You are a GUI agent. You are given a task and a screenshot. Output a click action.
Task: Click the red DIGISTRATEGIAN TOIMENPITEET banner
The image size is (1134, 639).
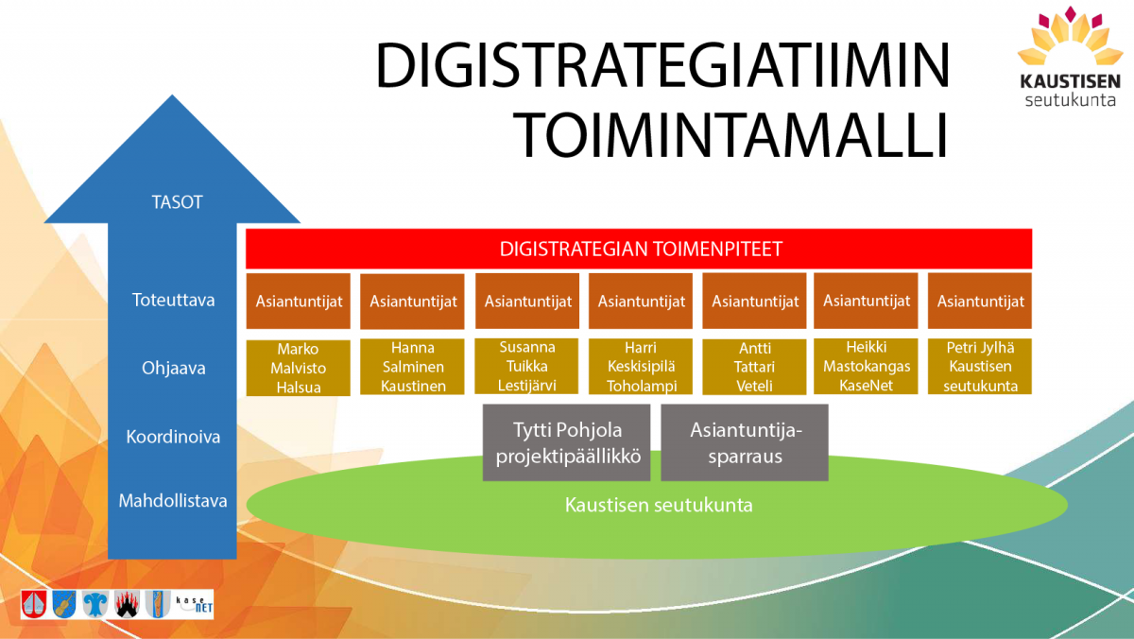(x=639, y=249)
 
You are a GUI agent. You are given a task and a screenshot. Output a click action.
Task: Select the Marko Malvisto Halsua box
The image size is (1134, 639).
(x=299, y=368)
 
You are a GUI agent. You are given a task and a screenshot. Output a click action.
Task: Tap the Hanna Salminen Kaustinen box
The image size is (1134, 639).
(x=412, y=367)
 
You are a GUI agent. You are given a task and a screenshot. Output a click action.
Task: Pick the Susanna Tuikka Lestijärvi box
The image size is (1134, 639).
(x=526, y=366)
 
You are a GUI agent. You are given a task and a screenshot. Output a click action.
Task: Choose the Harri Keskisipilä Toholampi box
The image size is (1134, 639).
(x=641, y=367)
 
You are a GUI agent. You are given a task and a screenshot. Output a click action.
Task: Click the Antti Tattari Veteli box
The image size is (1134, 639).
(x=754, y=367)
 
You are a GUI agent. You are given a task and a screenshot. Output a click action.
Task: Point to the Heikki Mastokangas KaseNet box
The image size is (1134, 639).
(x=866, y=366)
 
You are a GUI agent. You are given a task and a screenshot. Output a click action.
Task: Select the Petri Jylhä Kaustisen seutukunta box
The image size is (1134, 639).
(x=980, y=366)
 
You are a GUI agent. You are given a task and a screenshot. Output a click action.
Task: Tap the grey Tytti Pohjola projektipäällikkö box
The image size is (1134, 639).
(x=566, y=442)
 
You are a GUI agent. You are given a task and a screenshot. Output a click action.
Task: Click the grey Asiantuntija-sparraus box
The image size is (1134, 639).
(x=745, y=442)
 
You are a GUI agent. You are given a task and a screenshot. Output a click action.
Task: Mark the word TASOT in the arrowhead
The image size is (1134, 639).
(x=178, y=202)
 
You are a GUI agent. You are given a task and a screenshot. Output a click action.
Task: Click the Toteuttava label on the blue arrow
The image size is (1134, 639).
(x=174, y=300)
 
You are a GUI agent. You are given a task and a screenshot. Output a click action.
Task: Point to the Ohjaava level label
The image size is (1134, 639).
(x=174, y=368)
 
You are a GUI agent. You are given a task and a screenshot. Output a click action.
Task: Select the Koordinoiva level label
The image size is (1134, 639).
(x=173, y=437)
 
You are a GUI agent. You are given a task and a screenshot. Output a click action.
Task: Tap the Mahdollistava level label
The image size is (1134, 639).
(x=173, y=501)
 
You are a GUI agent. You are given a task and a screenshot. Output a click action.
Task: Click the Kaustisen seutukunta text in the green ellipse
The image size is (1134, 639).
(x=659, y=505)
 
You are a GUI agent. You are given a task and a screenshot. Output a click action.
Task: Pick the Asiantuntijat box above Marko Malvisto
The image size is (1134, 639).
(x=299, y=302)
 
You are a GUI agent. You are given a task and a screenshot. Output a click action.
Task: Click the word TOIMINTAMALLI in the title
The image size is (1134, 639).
(x=730, y=135)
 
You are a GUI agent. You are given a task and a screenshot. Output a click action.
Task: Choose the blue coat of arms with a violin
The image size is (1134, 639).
(x=64, y=604)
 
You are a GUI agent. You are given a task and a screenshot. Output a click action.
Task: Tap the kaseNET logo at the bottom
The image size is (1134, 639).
(x=194, y=604)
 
